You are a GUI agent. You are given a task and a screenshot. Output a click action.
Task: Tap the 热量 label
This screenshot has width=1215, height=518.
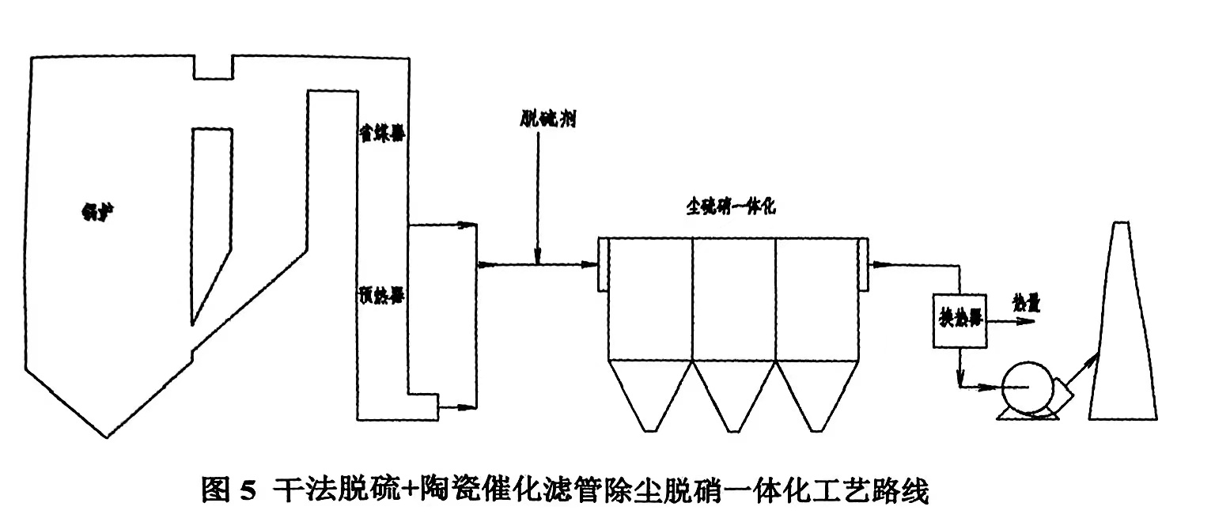click(1025, 303)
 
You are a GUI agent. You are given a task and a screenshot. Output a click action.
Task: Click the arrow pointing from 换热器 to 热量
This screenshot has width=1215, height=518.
click(1012, 321)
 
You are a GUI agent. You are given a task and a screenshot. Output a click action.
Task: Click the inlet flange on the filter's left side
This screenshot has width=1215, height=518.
click(602, 265)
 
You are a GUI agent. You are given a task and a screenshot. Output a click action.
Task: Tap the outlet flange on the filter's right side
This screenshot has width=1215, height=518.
click(863, 265)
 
